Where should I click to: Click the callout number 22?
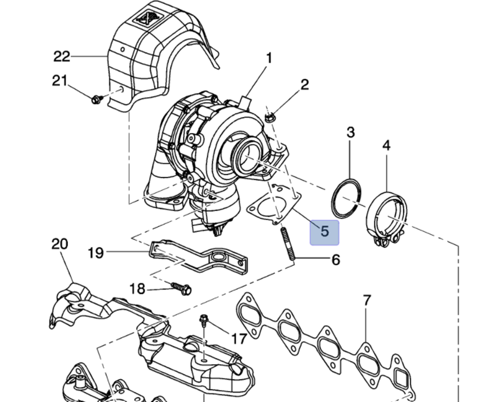click(62, 57)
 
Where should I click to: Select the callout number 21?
click(59, 81)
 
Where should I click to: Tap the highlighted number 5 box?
click(324, 232)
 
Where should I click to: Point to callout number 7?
click(367, 300)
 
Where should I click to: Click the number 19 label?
click(96, 253)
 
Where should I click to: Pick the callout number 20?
click(60, 244)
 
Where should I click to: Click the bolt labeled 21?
click(96, 98)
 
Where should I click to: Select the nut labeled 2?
click(270, 117)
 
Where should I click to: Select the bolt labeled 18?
click(182, 289)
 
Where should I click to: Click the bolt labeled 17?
click(203, 320)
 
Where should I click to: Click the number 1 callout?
click(269, 59)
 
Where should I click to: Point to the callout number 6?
click(335, 260)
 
